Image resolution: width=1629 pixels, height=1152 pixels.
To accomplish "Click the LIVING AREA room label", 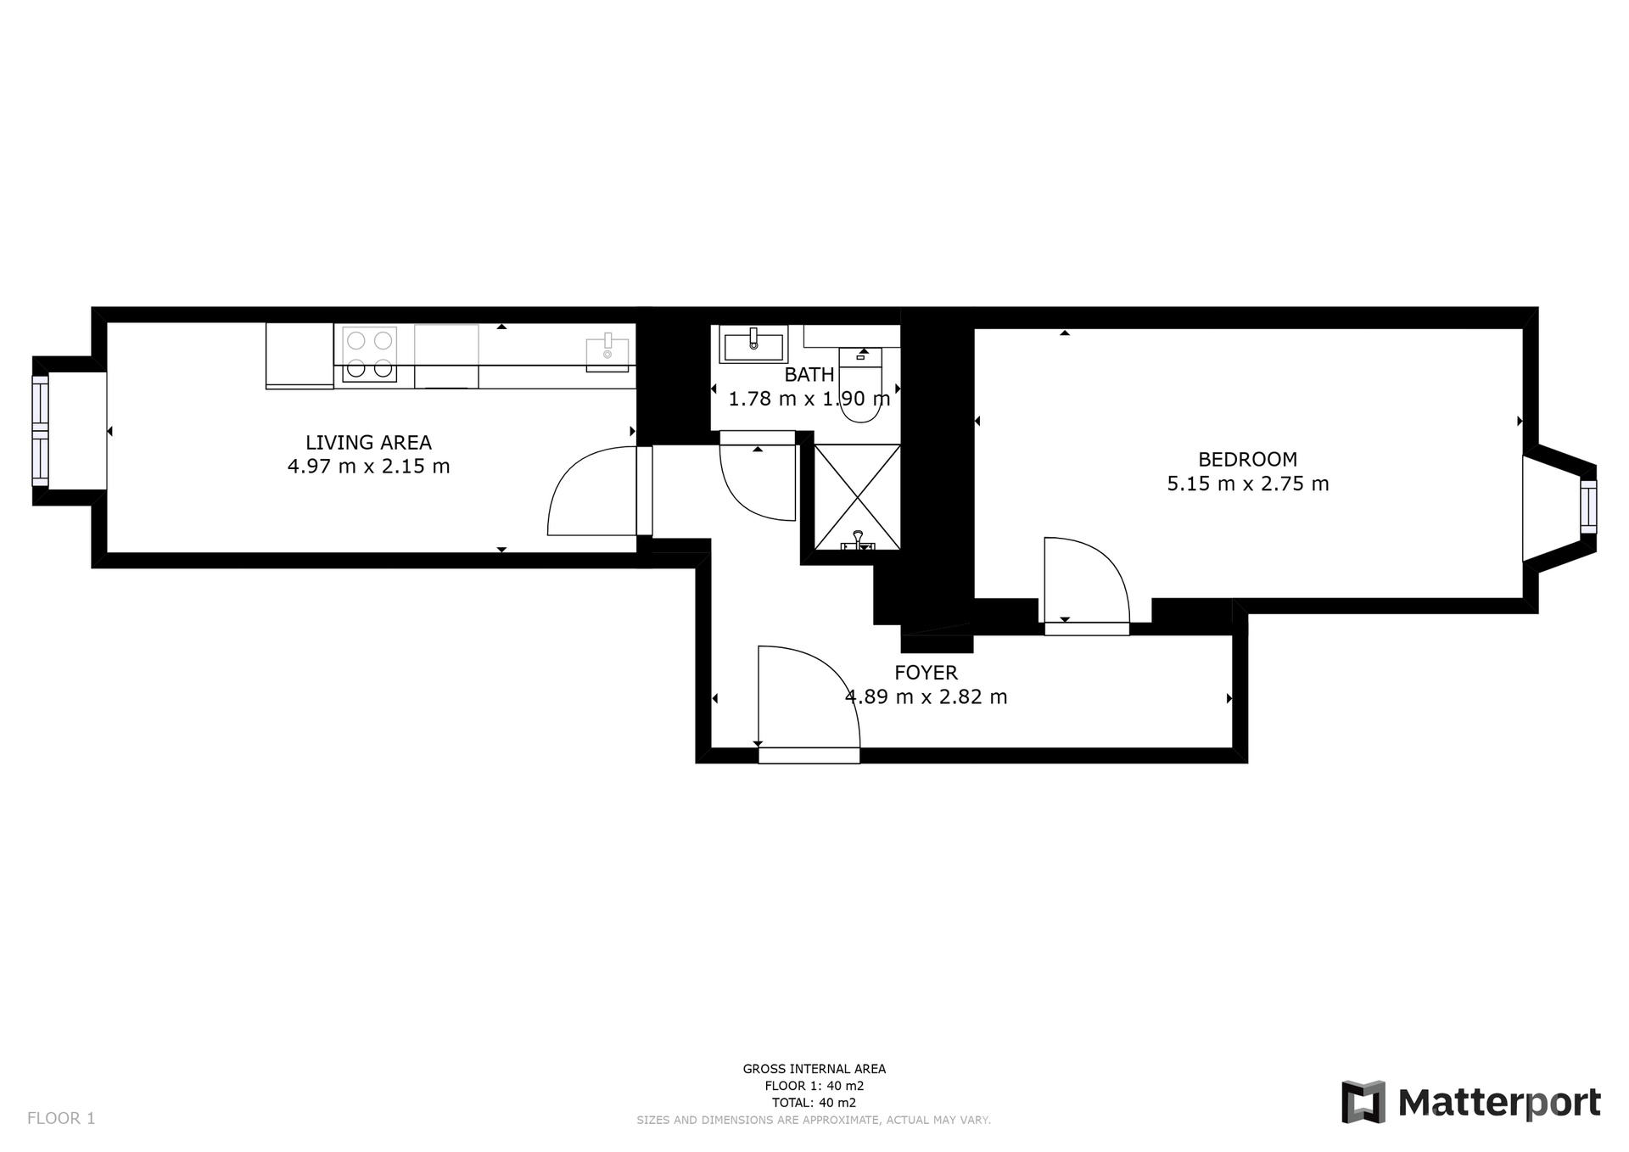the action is pyautogui.click(x=368, y=442).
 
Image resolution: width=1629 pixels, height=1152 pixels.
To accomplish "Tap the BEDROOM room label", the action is pyautogui.click(x=1247, y=459).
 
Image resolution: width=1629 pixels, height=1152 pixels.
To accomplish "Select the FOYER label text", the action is pyautogui.click(x=926, y=673).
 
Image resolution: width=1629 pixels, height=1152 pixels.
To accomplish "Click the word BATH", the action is pyautogui.click(x=809, y=374).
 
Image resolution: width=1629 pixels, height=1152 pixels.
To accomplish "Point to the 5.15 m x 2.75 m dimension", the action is pyautogui.click(x=1247, y=484).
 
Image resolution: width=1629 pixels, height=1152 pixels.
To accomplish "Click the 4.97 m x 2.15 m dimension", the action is pyautogui.click(x=368, y=466).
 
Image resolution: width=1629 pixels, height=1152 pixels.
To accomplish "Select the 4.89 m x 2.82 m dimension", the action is pyautogui.click(x=926, y=696).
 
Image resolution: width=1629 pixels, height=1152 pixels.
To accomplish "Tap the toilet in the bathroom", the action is pyautogui.click(x=862, y=386).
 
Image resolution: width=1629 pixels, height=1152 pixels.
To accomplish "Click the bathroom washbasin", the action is pyautogui.click(x=753, y=344).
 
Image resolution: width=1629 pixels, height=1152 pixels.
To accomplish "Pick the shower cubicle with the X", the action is pyautogui.click(x=857, y=497).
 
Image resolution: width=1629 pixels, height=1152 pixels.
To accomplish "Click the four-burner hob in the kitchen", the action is pyautogui.click(x=369, y=354).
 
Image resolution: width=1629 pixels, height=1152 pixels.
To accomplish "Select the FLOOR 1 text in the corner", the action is pyautogui.click(x=61, y=1118).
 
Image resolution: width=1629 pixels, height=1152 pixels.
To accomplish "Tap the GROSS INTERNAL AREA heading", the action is pyautogui.click(x=814, y=1069).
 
